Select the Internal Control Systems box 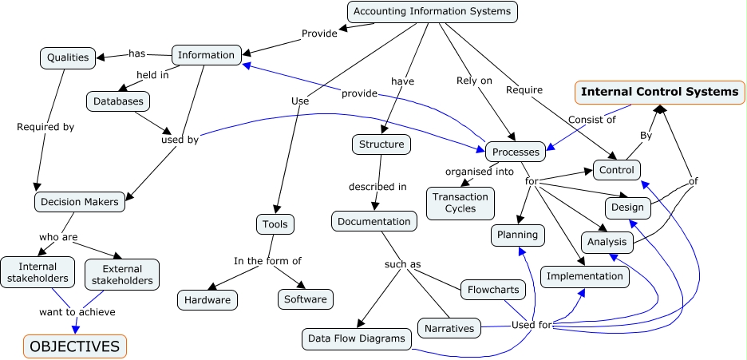659,92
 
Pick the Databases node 118,101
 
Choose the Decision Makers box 81,202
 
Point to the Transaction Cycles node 460,202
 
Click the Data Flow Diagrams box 357,338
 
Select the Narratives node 449,328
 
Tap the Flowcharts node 493,290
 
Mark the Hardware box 207,299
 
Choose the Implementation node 584,276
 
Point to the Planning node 518,235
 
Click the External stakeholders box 121,274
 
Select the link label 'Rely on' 474,81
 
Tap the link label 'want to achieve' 77,311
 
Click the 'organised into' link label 478,171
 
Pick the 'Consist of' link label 591,120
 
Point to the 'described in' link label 377,187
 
